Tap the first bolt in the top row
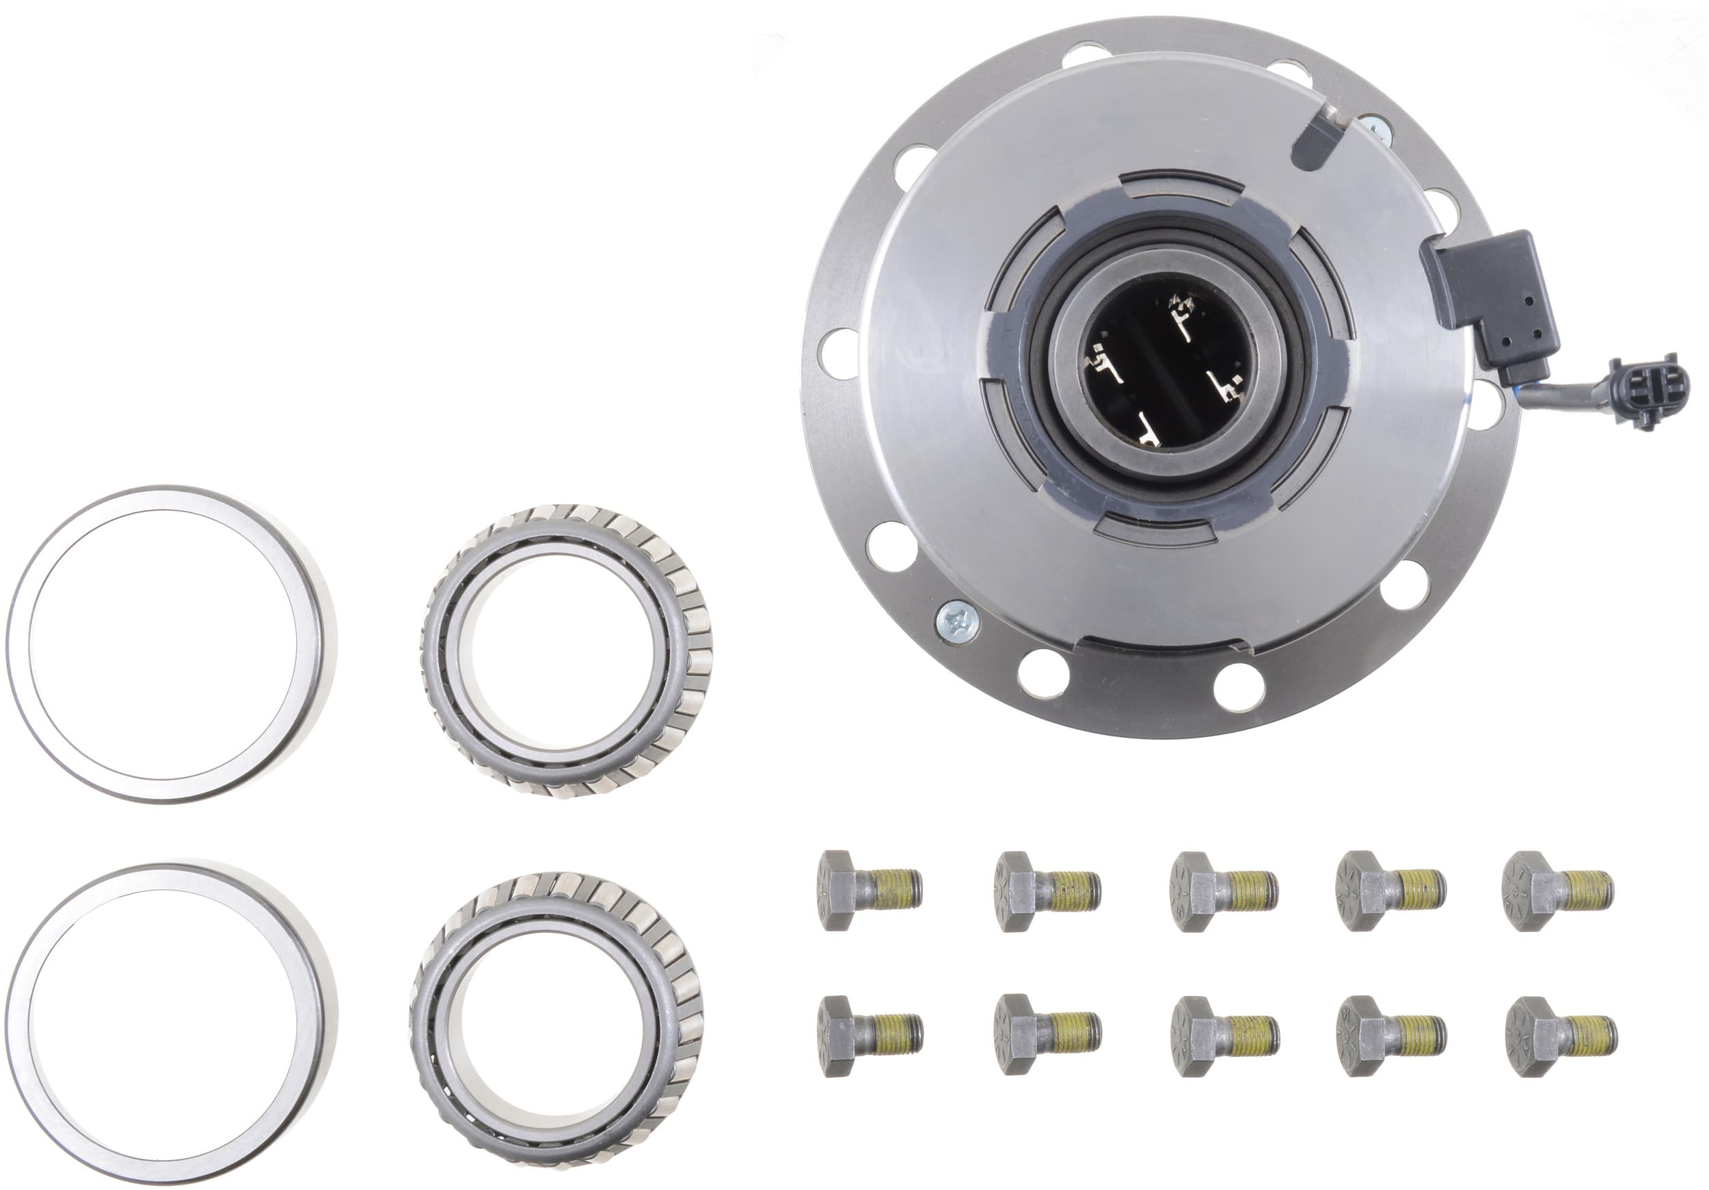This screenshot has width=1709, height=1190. click(x=869, y=890)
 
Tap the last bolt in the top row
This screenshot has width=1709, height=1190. click(x=1557, y=890)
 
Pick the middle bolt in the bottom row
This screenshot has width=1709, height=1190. click(x=1224, y=1036)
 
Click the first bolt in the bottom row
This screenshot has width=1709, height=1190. click(x=869, y=1035)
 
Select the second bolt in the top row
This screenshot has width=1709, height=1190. click(x=1046, y=890)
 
